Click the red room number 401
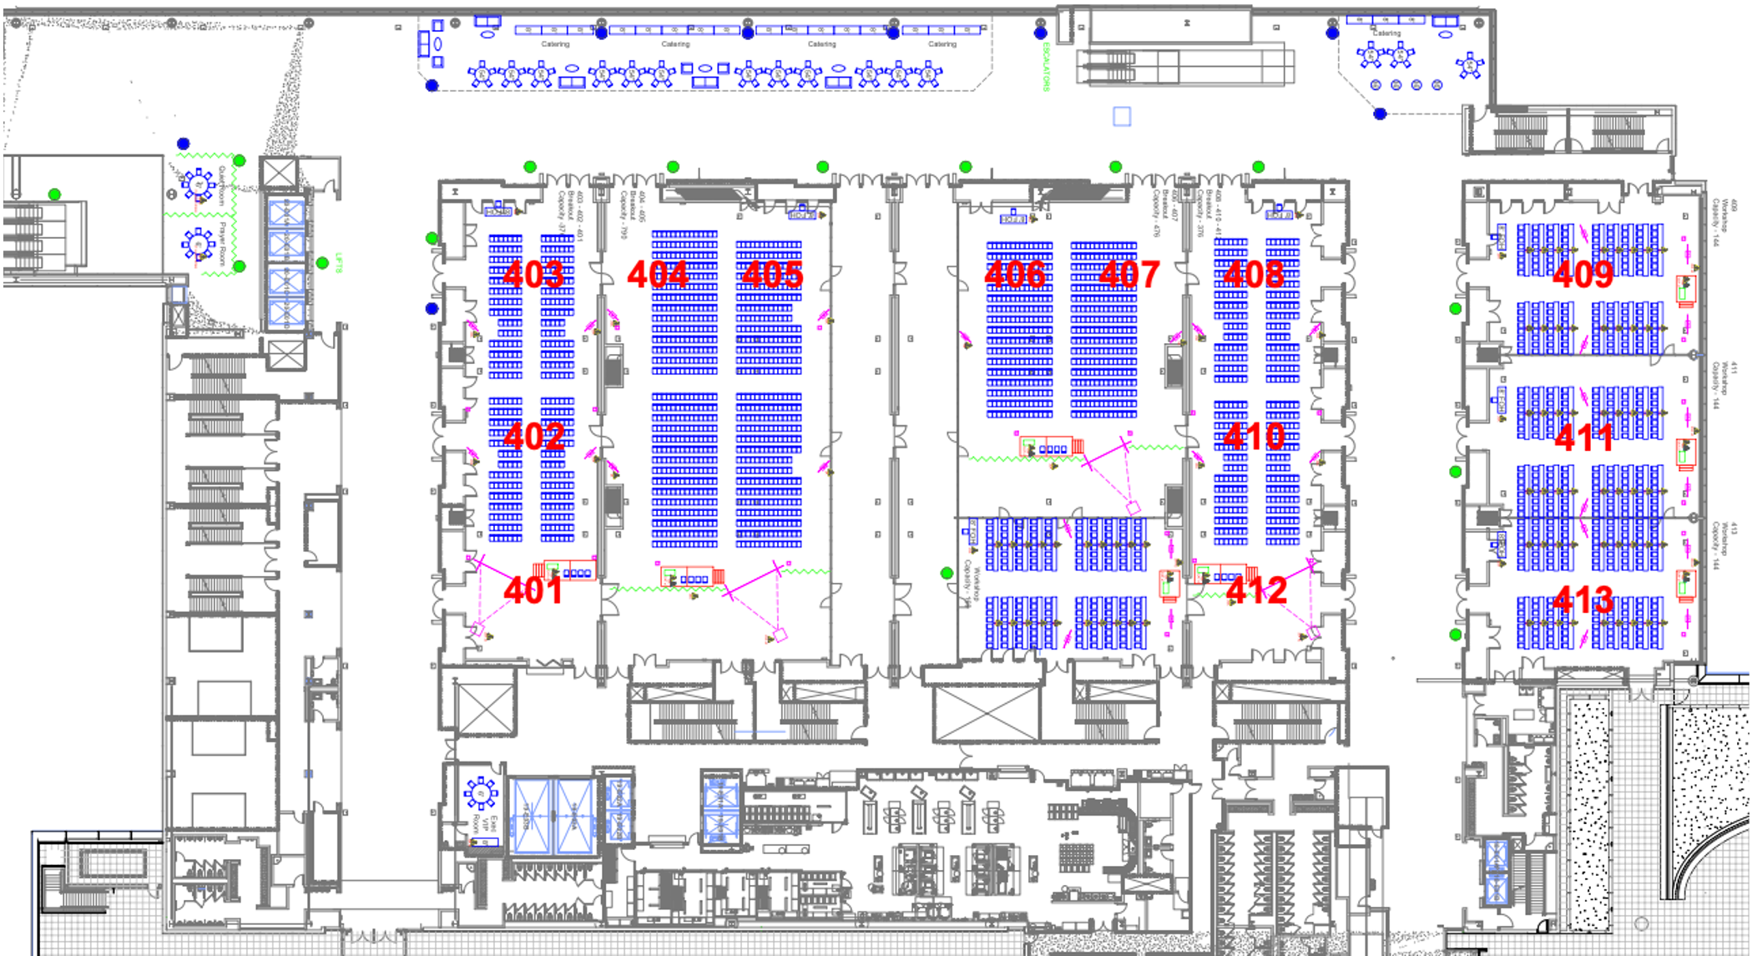[533, 590]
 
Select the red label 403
[533, 274]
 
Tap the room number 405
[772, 274]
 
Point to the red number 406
[1014, 274]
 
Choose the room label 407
[1129, 274]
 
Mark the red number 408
[1253, 274]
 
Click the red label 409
[1583, 274]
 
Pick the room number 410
[1255, 436]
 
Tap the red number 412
[1256, 590]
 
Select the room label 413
[1583, 599]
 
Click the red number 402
[533, 436]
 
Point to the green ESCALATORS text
[1046, 67]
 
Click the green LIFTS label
[339, 263]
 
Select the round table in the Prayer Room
[199, 244]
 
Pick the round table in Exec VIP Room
[481, 792]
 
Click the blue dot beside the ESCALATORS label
[1040, 33]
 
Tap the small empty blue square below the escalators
[1122, 116]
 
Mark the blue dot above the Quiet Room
[184, 144]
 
